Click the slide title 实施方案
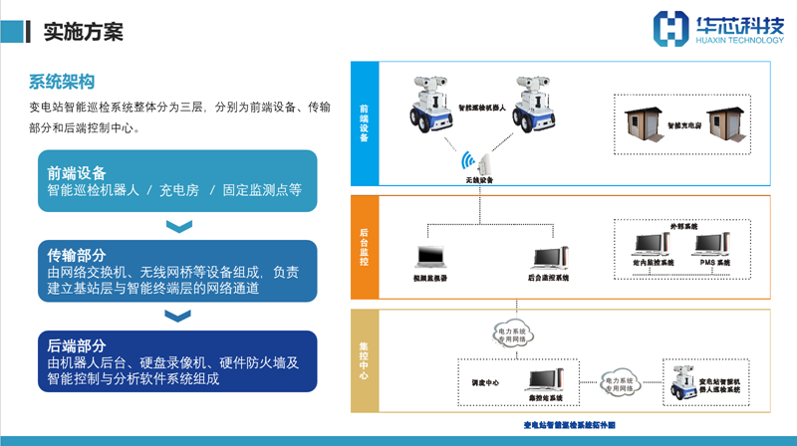click(x=84, y=32)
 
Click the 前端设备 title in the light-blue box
click(x=77, y=172)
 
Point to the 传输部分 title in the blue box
click(x=77, y=256)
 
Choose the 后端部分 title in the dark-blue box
click(x=77, y=345)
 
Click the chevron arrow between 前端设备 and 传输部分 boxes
click(x=178, y=227)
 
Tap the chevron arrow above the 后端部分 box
click(x=178, y=317)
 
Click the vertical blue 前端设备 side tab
click(x=364, y=124)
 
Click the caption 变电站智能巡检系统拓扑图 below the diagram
click(x=569, y=425)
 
